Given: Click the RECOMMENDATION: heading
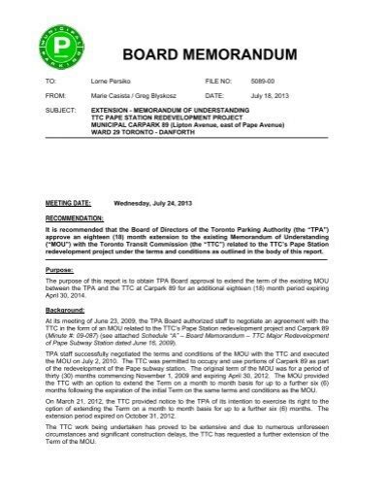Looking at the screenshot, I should pyautogui.click(x=74, y=220).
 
